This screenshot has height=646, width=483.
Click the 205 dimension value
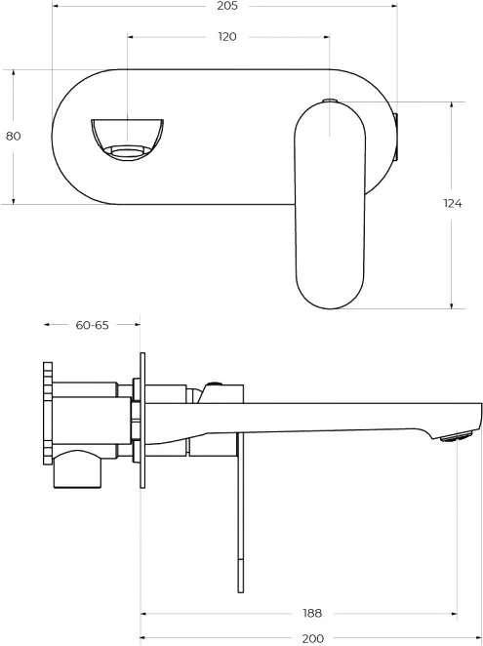click(227, 6)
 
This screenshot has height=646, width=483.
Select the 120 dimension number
click(227, 37)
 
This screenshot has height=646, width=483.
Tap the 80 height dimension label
click(14, 136)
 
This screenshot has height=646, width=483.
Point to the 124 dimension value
click(453, 203)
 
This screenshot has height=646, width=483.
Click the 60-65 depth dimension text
click(93, 325)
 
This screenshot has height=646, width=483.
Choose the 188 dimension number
click(312, 613)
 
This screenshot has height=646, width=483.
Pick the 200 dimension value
click(313, 638)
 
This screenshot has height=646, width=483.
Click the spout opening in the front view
click(128, 140)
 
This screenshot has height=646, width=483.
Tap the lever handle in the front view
click(330, 206)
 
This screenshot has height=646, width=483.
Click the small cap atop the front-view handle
click(329, 101)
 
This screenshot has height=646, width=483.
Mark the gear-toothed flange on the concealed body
click(48, 414)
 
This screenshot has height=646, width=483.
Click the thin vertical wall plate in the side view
click(142, 421)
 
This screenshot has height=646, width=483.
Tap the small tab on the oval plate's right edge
click(396, 137)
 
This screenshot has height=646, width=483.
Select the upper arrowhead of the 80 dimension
click(14, 72)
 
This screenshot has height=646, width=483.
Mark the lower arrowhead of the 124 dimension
click(452, 305)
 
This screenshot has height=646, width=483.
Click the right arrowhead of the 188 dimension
click(454, 614)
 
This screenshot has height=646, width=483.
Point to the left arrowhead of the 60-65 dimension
click(48, 325)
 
